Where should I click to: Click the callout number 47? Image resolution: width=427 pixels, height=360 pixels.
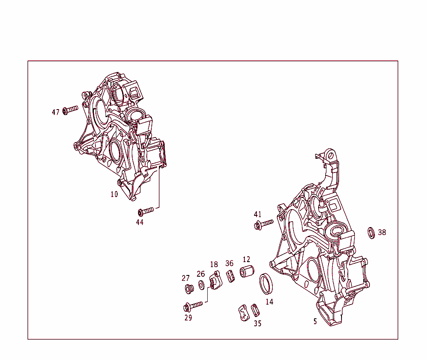55,112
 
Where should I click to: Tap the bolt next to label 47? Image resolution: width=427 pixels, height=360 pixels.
70,110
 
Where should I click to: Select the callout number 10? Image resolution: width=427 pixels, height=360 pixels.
114,194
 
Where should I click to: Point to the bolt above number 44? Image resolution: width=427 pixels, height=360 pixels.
146,211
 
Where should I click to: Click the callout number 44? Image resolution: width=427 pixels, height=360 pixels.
140,222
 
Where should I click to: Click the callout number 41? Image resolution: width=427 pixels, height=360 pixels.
258,215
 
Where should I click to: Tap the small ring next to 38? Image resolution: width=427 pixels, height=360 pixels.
371,232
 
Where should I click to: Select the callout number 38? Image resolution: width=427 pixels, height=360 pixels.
382,232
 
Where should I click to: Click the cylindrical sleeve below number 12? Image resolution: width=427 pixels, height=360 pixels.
247,271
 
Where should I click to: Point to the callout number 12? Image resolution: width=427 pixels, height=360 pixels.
246,259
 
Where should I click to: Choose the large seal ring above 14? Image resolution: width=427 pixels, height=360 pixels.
266,284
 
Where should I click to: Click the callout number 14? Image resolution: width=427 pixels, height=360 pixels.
269,302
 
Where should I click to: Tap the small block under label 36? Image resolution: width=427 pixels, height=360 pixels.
231,276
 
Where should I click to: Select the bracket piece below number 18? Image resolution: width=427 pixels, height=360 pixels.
216,280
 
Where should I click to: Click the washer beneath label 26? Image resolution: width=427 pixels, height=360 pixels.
201,285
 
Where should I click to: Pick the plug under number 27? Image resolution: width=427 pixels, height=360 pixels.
189,289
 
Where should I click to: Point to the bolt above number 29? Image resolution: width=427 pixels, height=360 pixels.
193,306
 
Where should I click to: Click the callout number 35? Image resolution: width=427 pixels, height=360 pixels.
258,323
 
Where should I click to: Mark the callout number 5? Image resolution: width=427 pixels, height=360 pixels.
315,322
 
